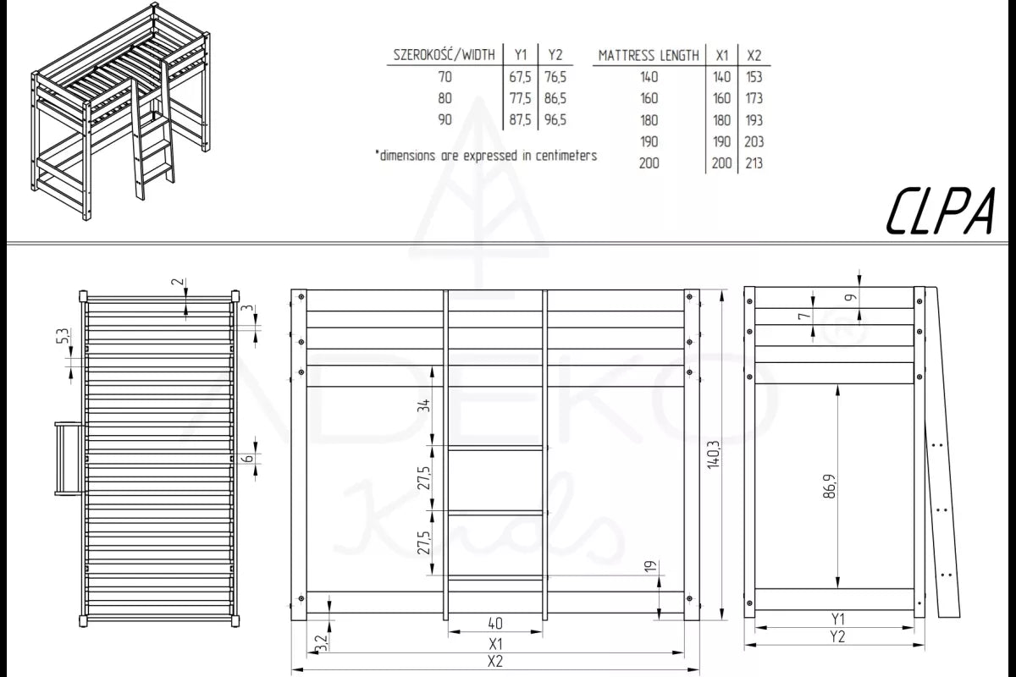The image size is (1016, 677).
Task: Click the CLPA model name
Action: point(941,212)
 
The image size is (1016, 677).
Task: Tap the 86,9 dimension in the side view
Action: point(829,487)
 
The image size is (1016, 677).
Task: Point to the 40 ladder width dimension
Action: point(495,624)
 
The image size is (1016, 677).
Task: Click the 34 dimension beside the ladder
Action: point(423,405)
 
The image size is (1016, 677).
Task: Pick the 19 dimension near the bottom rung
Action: point(650,566)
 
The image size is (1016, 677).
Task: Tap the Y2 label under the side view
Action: point(837,637)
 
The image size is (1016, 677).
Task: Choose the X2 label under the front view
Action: point(494,662)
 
